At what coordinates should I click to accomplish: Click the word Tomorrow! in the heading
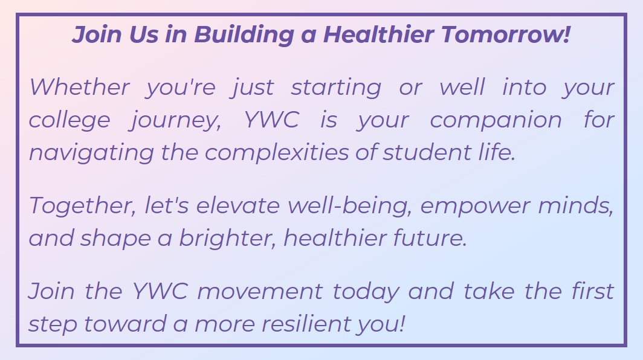pos(506,34)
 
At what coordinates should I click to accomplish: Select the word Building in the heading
pos(244,35)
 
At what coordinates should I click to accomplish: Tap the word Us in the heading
pos(143,34)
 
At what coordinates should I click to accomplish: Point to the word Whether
pos(79,87)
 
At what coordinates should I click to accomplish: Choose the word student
pos(427,152)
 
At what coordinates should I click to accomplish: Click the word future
pos(430,238)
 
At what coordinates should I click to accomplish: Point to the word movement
pos(260,292)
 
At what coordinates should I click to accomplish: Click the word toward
pos(125,324)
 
